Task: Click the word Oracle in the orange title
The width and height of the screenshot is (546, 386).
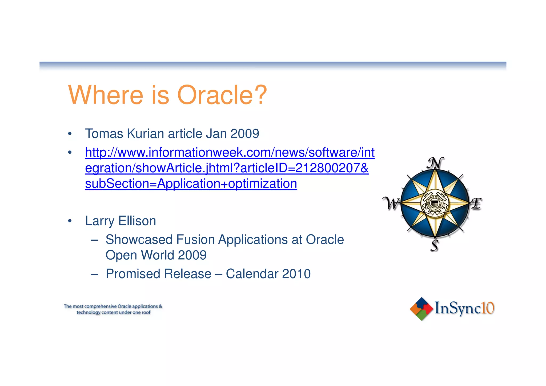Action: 215,95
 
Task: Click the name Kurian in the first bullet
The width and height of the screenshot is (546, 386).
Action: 146,134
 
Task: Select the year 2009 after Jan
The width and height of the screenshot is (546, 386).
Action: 245,134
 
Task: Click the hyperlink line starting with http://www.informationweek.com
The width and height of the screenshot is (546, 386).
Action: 230,153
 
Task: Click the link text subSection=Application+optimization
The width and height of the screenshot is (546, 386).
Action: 191,184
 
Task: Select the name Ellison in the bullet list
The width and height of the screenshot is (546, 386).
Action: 137,221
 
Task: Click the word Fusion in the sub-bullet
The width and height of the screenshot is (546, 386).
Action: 195,240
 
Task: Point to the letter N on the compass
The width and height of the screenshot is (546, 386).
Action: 435,163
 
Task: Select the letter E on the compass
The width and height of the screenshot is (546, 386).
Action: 476,204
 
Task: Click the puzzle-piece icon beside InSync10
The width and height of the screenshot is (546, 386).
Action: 421,309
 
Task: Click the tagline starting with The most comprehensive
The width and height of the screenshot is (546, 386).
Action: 113,309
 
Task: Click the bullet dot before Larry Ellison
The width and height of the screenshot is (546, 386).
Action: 70,221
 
